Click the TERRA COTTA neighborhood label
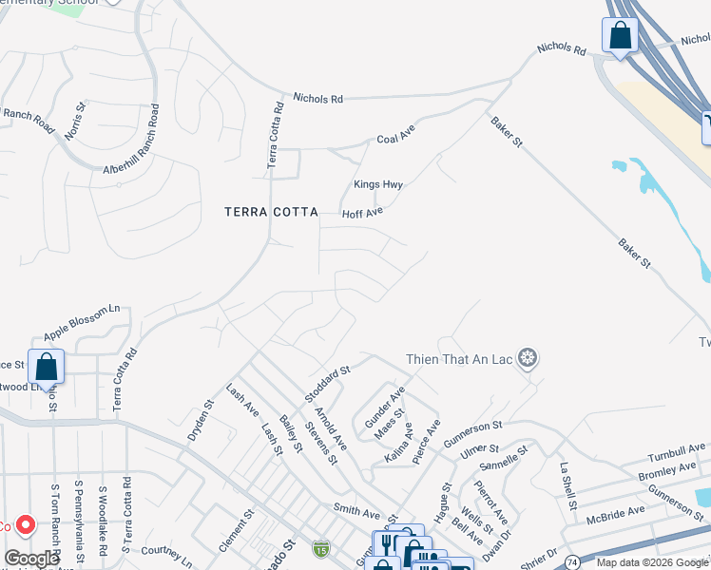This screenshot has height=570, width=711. coord(271,212)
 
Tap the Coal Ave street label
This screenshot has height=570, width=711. coord(396,138)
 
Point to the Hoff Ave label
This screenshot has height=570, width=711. coord(361,214)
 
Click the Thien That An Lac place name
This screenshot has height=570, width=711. coord(461,359)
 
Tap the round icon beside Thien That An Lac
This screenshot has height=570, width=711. coord(529,359)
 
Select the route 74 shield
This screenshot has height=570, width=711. coord(573,563)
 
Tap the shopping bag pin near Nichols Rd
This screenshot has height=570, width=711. coord(620,37)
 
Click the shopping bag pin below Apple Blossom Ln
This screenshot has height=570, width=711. coord(46,366)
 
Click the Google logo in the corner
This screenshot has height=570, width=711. coord(31,559)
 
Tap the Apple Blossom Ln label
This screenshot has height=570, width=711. coord(82,316)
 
